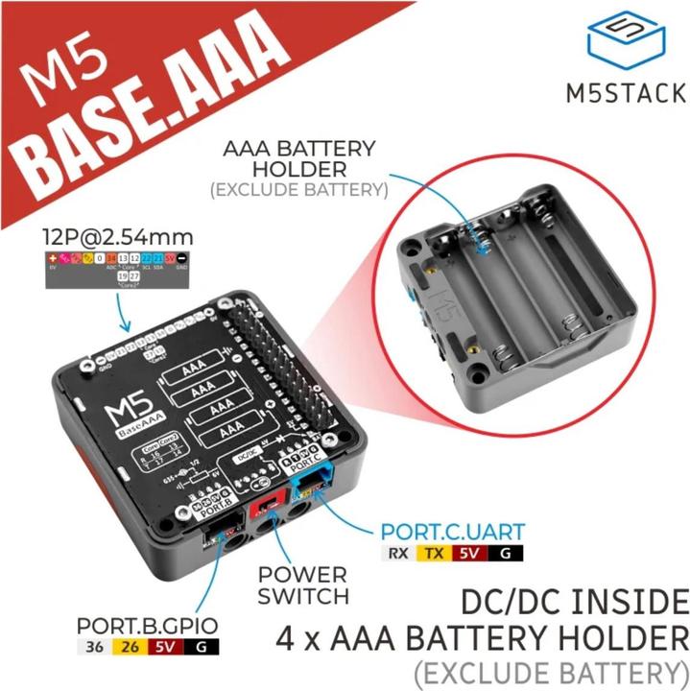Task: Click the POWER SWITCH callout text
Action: pos(302,585)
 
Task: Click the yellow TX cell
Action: pos(435,553)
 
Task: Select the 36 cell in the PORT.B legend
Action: pos(94,649)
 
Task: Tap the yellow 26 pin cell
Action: pos(131,649)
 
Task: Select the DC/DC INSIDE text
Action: pos(575,603)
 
